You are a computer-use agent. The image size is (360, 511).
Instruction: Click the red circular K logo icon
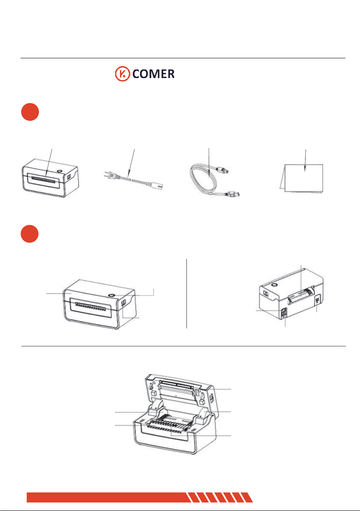[123, 74]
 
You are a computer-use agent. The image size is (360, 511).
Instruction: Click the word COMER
[153, 74]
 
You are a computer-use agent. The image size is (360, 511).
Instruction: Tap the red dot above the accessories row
[30, 112]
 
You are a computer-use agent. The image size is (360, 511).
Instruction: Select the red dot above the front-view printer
[30, 234]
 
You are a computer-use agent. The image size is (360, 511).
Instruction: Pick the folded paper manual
[302, 178]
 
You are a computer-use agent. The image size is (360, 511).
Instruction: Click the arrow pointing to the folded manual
[305, 160]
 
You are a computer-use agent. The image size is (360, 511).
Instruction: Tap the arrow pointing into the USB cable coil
[209, 163]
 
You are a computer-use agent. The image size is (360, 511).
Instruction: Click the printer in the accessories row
[50, 177]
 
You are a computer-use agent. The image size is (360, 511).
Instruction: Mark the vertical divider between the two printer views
[187, 294]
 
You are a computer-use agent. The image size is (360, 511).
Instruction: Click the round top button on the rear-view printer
[274, 285]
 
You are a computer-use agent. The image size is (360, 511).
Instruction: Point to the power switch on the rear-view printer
[283, 311]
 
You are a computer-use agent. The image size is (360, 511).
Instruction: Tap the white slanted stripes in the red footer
[219, 497]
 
